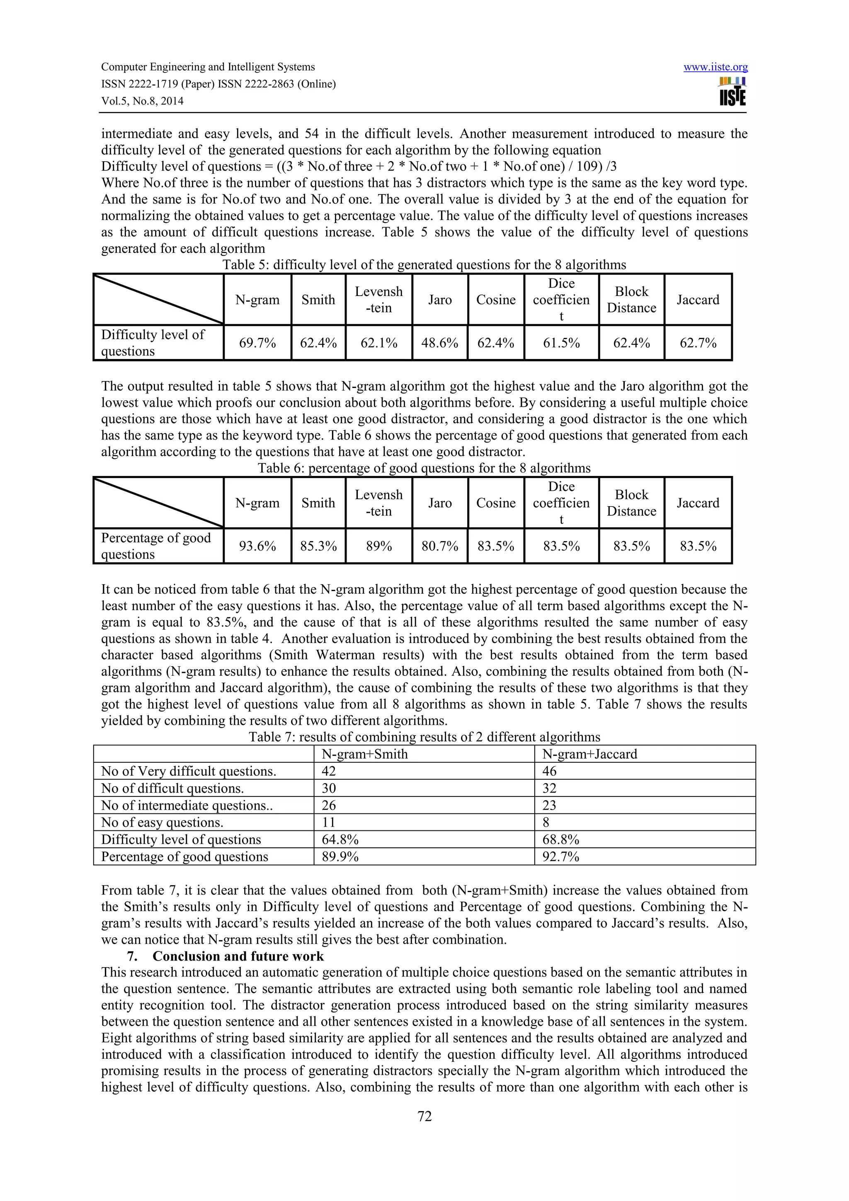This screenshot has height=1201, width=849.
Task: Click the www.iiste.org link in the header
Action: [715, 67]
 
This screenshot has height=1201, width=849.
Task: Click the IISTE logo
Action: [733, 92]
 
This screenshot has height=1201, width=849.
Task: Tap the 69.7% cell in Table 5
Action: [257, 343]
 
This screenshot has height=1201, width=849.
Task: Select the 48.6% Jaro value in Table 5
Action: [440, 343]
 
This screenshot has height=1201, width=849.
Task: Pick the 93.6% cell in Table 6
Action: [257, 546]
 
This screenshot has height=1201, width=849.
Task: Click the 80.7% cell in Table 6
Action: [440, 546]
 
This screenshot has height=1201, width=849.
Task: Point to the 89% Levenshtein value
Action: [379, 546]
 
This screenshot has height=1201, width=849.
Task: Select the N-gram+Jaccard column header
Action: [589, 754]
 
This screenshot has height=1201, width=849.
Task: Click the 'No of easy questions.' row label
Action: [162, 822]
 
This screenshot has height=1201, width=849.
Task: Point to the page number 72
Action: [424, 1117]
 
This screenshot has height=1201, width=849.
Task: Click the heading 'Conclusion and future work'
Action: [238, 956]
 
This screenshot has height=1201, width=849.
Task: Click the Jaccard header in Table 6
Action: [698, 503]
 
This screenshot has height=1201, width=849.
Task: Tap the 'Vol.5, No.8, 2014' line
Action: [142, 101]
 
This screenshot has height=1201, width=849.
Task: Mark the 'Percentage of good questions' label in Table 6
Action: [156, 546]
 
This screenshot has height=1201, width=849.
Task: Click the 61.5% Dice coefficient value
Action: [561, 343]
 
